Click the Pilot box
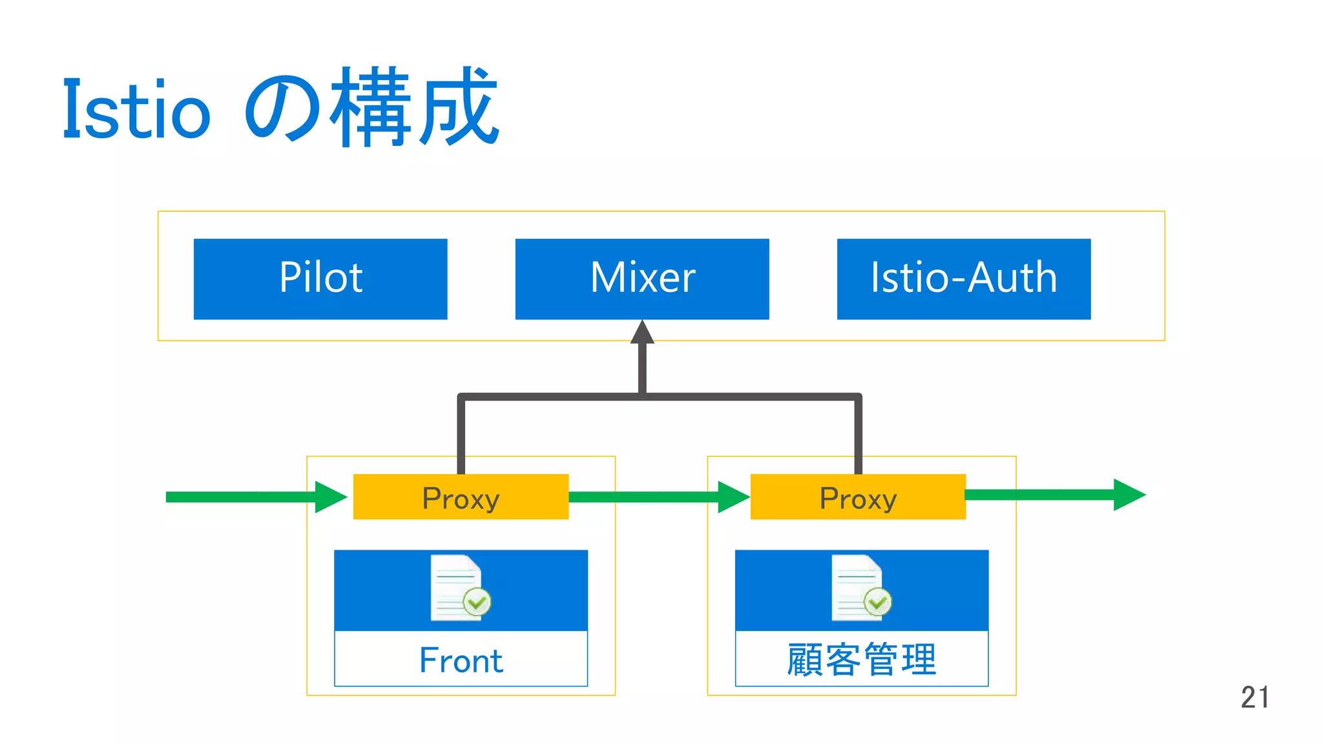click(320, 278)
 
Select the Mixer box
click(642, 278)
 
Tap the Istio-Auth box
click(964, 278)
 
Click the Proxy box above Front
click(461, 497)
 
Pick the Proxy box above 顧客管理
click(858, 497)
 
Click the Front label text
click(461, 660)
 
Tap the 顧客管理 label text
click(862, 659)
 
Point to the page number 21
click(1255, 697)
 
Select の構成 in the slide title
click(371, 108)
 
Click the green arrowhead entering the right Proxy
click(733, 497)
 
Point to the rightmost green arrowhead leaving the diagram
click(1129, 495)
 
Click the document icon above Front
click(456, 586)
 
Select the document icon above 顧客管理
click(857, 586)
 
